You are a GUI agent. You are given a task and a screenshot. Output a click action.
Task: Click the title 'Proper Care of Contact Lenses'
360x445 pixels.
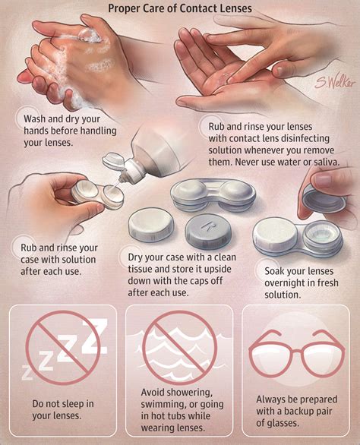pyautogui.click(x=180, y=10)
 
